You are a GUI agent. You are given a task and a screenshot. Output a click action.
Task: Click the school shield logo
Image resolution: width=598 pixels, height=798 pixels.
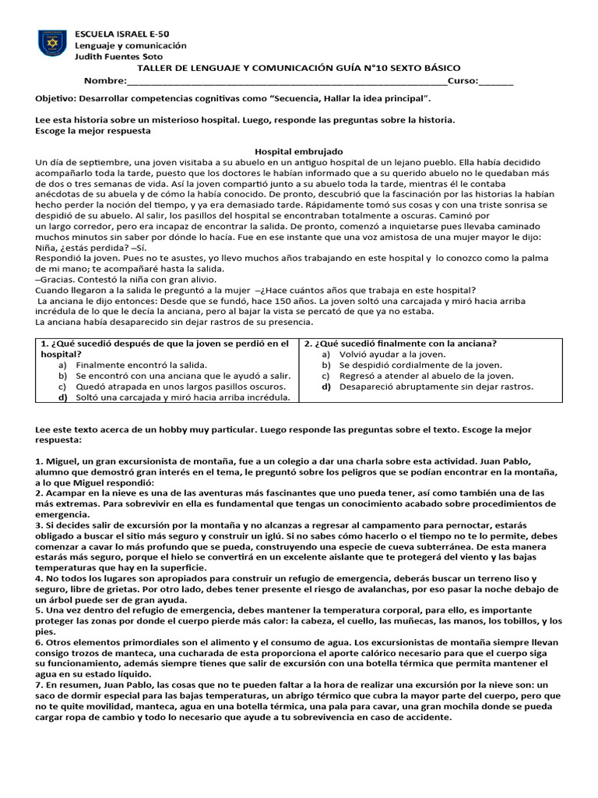pos(52,43)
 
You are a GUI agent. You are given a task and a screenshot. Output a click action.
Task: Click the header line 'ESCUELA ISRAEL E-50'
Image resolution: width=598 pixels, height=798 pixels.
pos(121,34)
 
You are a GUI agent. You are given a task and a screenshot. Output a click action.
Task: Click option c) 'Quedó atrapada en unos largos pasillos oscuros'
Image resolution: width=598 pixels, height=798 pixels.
pos(180,387)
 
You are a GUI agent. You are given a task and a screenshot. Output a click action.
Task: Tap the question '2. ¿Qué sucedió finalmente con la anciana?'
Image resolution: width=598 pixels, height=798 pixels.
pos(400,343)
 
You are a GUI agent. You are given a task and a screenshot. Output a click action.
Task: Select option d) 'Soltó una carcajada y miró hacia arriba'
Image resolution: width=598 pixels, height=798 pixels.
pos(182,397)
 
